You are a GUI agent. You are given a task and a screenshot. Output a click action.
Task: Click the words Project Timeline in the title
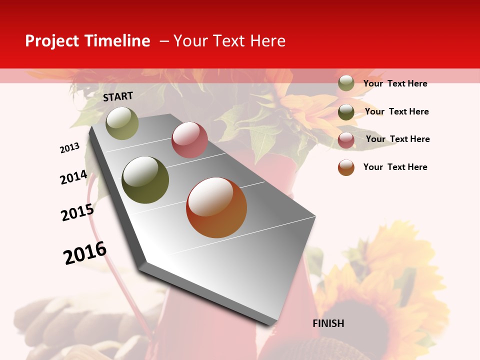point(87,41)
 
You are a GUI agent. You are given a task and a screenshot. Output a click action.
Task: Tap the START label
point(118,96)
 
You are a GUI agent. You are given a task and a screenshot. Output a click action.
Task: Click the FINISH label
point(328,323)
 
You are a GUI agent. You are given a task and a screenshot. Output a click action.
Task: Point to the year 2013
point(70,148)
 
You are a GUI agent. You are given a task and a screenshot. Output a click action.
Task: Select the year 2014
point(73,177)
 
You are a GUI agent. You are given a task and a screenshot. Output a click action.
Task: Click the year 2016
point(85,253)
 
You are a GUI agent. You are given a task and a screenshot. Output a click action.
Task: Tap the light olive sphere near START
point(122,123)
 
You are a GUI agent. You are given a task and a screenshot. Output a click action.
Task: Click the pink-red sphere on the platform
point(189,140)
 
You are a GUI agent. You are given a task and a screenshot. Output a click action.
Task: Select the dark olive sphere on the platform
point(145,180)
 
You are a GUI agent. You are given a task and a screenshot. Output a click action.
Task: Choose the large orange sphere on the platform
point(216,207)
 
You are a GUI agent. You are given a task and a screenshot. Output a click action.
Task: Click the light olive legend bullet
point(346,83)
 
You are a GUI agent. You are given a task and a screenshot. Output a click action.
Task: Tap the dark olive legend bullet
point(346,111)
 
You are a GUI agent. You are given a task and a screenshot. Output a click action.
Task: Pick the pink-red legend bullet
point(346,140)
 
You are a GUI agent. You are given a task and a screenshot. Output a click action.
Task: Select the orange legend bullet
point(346,167)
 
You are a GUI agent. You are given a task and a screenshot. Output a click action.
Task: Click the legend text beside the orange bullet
point(395,167)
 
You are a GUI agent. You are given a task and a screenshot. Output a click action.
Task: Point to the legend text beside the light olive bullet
point(395,83)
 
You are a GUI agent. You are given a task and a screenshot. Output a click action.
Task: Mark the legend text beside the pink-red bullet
point(398,139)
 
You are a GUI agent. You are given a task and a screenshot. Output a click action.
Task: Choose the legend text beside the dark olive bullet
point(397,111)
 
